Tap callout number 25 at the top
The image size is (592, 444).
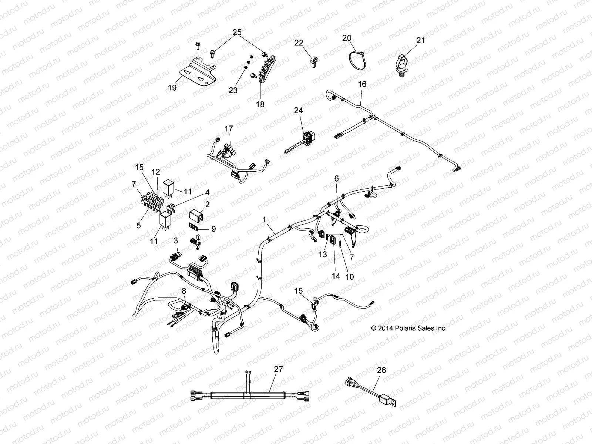[237, 33]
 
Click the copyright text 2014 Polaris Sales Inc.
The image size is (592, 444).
[409, 328]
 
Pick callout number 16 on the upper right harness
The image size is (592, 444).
[362, 84]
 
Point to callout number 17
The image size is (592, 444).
[229, 129]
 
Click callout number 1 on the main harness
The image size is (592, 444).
[264, 219]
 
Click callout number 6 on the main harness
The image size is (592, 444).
[336, 179]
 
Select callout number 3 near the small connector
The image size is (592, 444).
[176, 241]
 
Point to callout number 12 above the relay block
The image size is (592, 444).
[156, 172]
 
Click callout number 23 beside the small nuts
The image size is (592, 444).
[233, 90]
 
